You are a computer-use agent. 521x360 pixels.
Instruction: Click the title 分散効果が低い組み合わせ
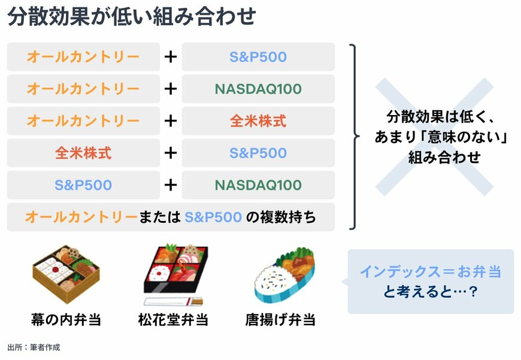tap(131, 17)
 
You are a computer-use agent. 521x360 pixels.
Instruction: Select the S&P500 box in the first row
tap(258, 57)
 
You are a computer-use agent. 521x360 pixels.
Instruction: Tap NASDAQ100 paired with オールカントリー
tap(258, 89)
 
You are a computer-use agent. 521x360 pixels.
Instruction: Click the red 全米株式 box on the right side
tap(258, 121)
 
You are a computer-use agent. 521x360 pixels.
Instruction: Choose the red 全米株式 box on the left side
tap(83, 153)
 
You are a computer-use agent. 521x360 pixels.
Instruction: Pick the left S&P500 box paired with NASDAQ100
tap(83, 185)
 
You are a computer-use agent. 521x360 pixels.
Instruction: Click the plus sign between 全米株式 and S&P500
tap(171, 153)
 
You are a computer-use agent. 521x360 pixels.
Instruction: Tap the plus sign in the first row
tap(171, 57)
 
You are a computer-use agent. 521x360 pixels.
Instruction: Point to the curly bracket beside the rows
tap(356, 137)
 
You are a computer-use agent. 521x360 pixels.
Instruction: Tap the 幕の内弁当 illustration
tap(65, 273)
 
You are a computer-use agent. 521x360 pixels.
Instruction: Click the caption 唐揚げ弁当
tap(280, 320)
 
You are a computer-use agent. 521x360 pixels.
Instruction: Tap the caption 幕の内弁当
tap(66, 320)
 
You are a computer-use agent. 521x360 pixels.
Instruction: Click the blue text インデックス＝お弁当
tap(430, 271)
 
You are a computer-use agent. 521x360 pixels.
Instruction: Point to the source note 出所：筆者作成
tap(34, 347)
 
